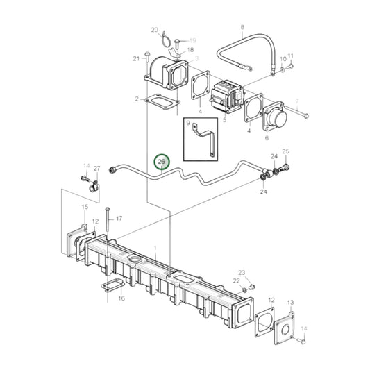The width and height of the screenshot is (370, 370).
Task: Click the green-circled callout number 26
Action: [161, 162]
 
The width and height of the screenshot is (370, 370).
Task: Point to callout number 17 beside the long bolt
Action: [119, 219]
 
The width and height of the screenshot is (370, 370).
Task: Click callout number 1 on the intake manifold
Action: [155, 249]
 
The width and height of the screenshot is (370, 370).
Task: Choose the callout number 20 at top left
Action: [155, 30]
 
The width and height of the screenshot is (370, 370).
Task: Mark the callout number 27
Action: [96, 168]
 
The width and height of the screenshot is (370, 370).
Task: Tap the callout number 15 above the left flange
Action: [85, 208]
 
